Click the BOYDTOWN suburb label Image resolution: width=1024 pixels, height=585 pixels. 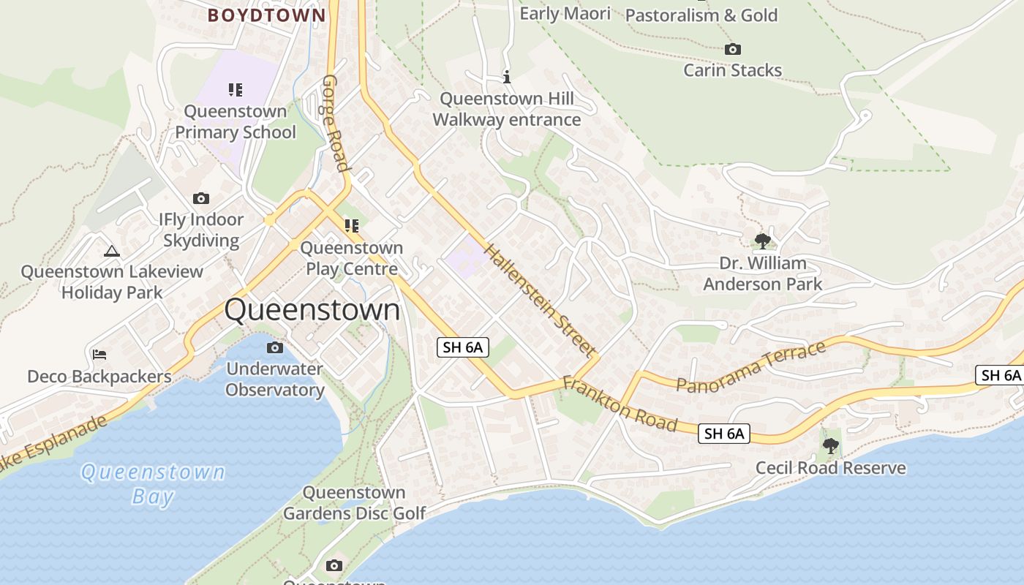pyautogui.click(x=266, y=15)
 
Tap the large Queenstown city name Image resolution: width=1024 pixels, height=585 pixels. pyautogui.click(x=312, y=310)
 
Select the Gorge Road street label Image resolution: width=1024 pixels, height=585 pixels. pyautogui.click(x=334, y=122)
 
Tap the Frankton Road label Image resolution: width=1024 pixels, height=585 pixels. pyautogui.click(x=620, y=404)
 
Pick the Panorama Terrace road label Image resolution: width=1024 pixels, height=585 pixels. pyautogui.click(x=751, y=366)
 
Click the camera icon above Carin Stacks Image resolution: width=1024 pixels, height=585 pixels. pyautogui.click(x=732, y=50)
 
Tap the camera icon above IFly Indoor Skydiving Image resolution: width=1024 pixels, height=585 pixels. pyautogui.click(x=201, y=199)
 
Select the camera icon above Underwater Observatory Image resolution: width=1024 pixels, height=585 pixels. pyautogui.click(x=275, y=348)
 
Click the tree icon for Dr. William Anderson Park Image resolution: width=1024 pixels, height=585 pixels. pyautogui.click(x=762, y=241)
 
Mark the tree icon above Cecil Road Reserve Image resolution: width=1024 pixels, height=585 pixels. pyautogui.click(x=830, y=445)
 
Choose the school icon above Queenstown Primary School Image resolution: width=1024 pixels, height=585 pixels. pyautogui.click(x=235, y=90)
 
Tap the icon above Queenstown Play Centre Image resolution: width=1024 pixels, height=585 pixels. pyautogui.click(x=352, y=226)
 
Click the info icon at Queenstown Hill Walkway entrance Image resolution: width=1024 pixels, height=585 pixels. pyautogui.click(x=507, y=76)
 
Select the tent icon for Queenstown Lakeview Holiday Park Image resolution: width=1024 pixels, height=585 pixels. pyautogui.click(x=112, y=252)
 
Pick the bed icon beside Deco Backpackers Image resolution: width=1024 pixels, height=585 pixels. pyautogui.click(x=99, y=355)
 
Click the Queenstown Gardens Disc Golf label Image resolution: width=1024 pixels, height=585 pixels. pyautogui.click(x=354, y=503)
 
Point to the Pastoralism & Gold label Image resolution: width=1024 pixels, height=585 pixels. pyautogui.click(x=701, y=15)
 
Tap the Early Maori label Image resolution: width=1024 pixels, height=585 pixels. pyautogui.click(x=565, y=13)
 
